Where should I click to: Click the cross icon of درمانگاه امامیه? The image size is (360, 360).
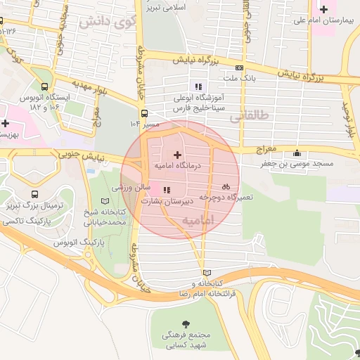(x=176, y=154)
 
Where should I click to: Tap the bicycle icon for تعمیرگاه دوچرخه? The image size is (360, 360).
(x=226, y=187)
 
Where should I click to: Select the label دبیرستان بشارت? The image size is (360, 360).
(x=162, y=200)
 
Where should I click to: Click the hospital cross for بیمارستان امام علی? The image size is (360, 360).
(x=323, y=8)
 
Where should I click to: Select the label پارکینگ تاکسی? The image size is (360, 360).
(x=29, y=221)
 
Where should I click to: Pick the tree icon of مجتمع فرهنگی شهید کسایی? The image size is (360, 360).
(x=186, y=324)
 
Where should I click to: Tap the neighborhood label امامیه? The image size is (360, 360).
(x=197, y=221)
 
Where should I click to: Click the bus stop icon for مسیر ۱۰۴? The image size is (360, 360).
(x=144, y=112)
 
